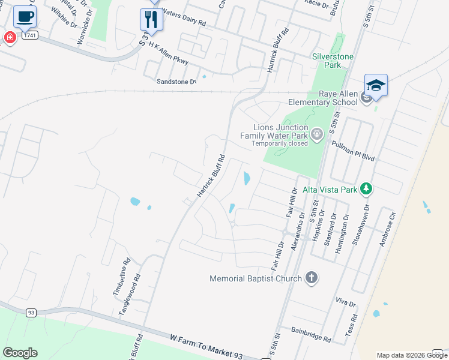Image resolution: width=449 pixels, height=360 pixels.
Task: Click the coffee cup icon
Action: [x=24, y=17]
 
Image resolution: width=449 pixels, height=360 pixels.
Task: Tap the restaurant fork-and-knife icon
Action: [x=151, y=19]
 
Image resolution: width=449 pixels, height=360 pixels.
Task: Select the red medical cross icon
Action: [x=10, y=38]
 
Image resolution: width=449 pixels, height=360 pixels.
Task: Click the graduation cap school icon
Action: [x=376, y=86]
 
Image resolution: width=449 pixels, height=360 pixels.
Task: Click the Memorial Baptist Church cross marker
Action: [x=310, y=278]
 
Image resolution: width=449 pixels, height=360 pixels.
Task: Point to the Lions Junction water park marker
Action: [x=318, y=133]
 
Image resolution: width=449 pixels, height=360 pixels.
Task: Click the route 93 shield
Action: [x=31, y=313]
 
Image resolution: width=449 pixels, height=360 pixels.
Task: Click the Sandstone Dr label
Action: [x=176, y=82]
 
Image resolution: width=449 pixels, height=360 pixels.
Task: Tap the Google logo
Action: [x=20, y=353]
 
